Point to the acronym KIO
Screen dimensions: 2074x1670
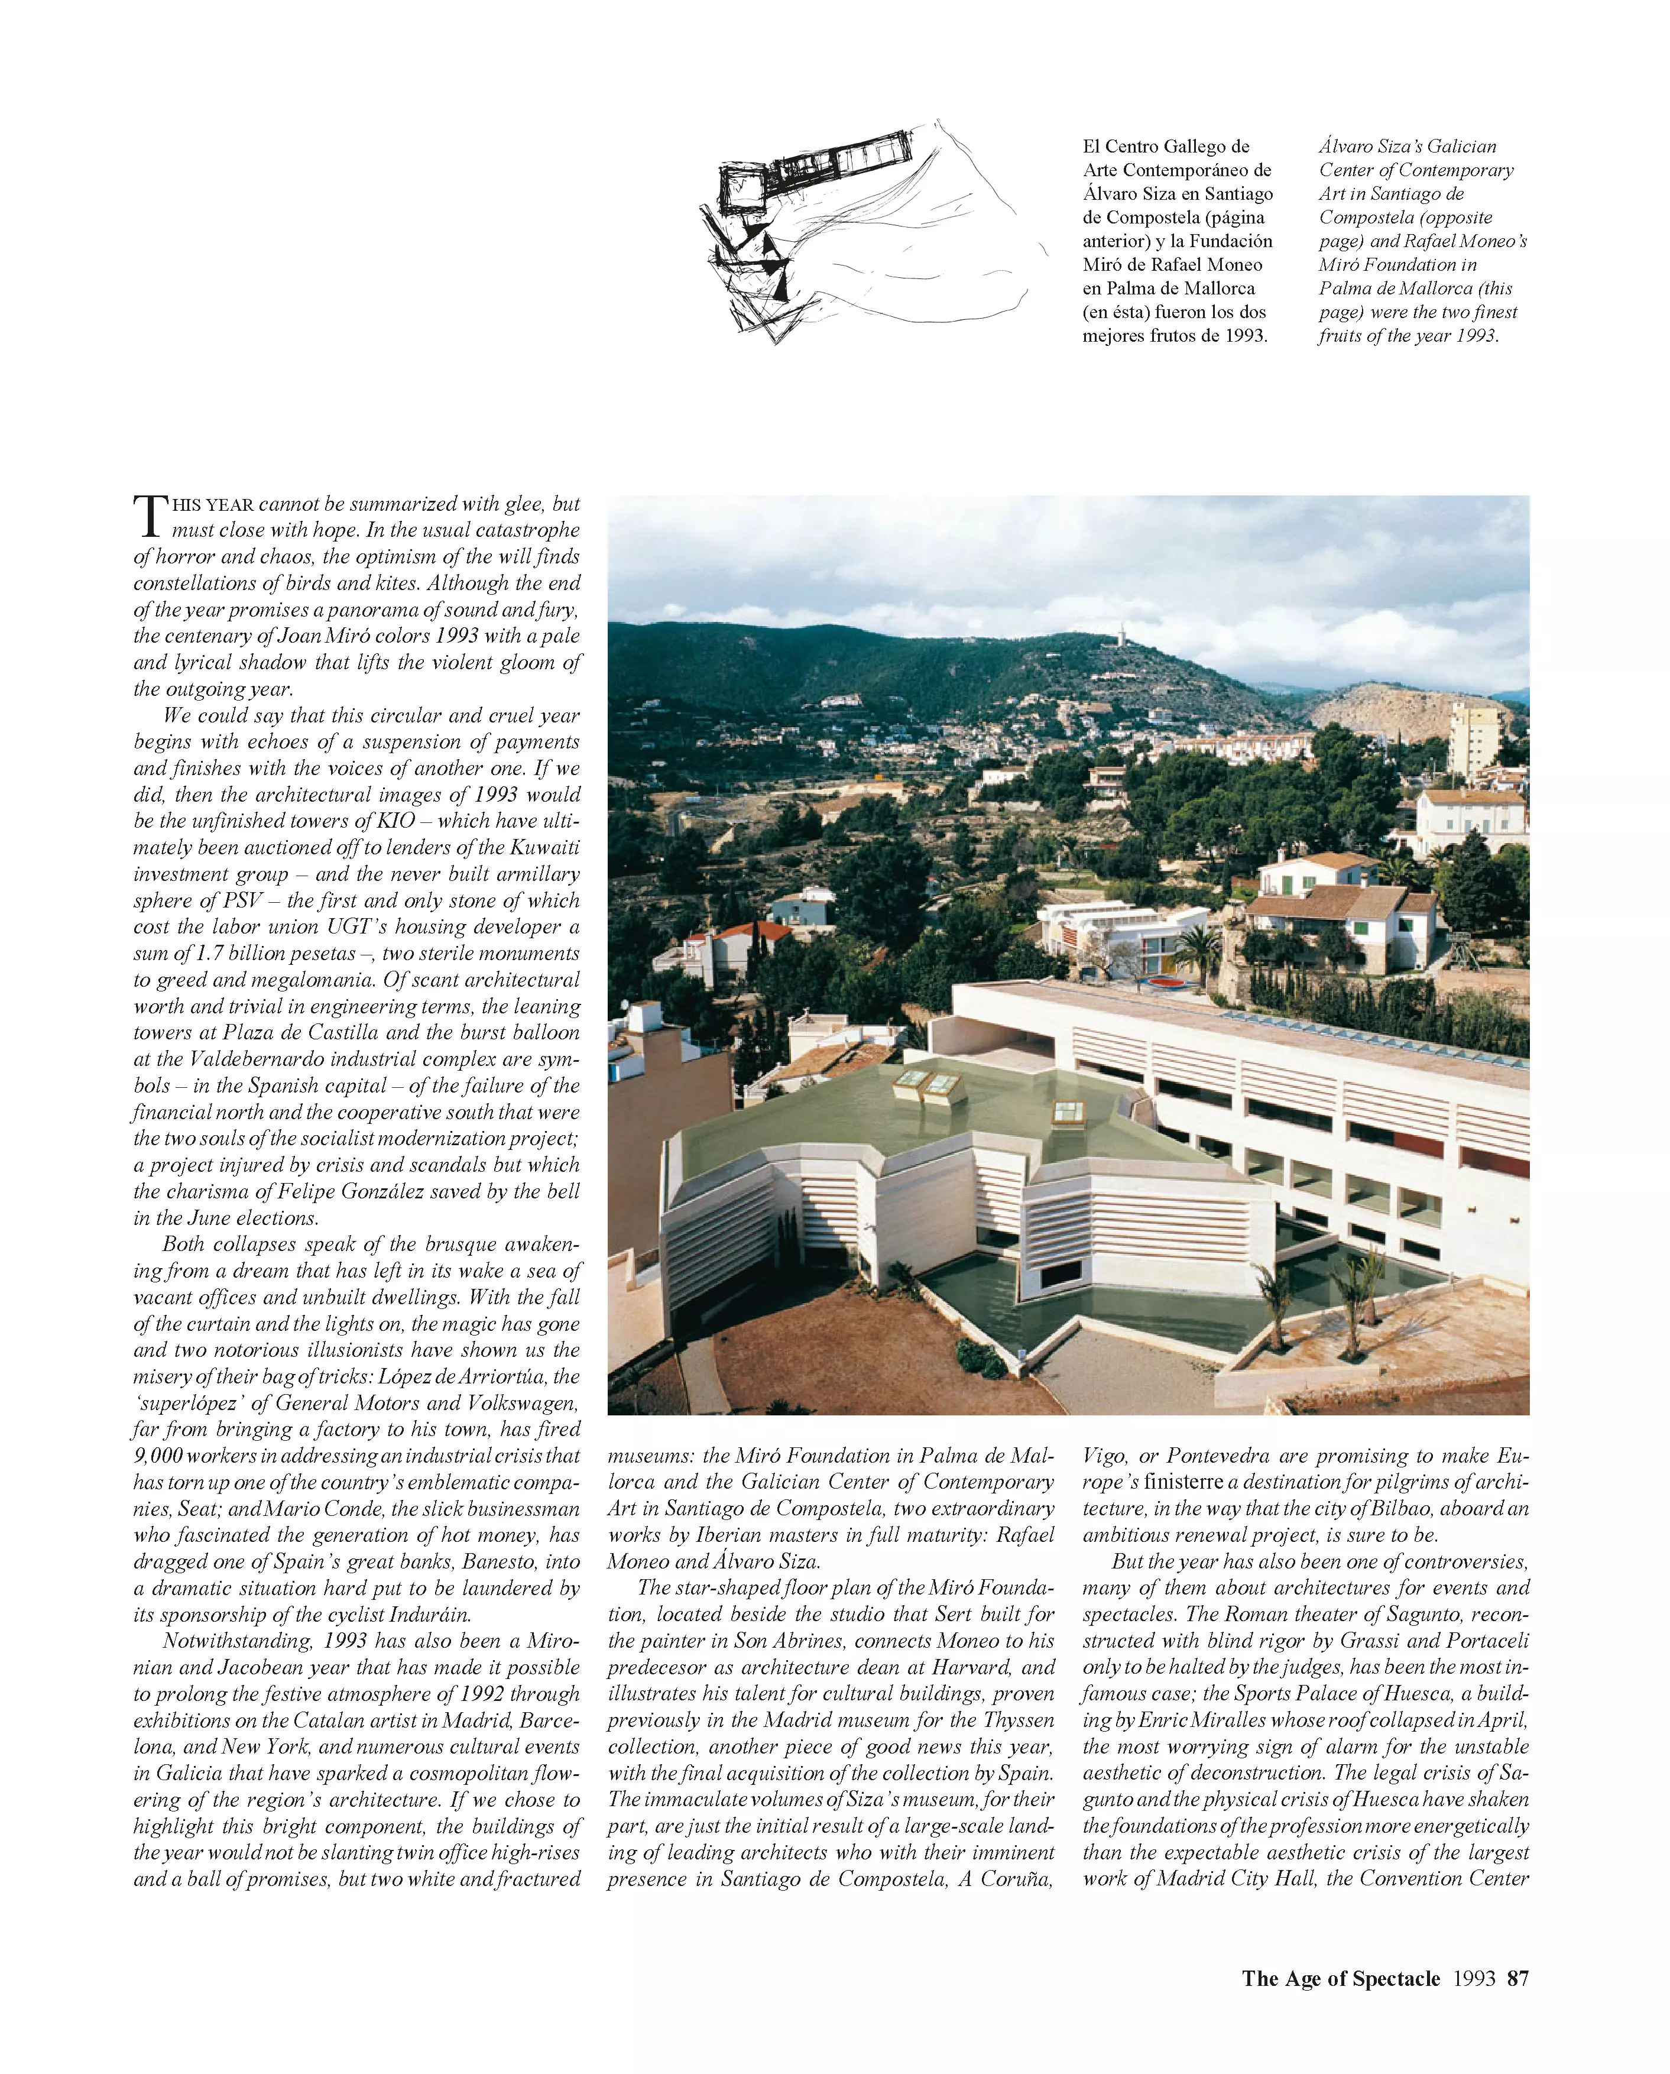(395, 821)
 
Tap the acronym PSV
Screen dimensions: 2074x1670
(244, 900)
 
